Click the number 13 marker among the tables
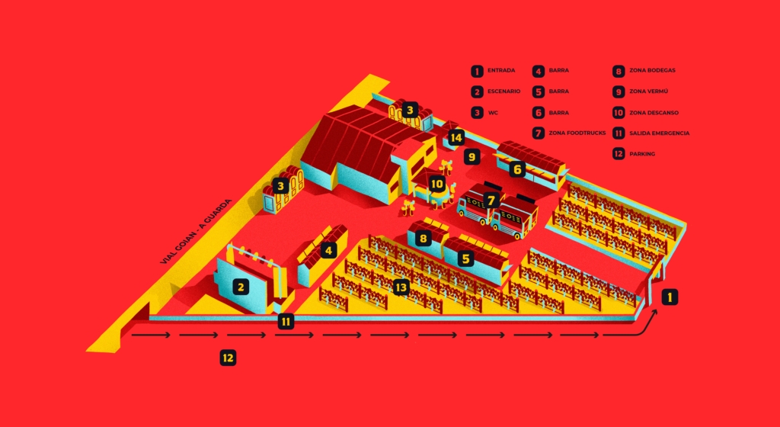[x=401, y=287]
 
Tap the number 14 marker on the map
[x=456, y=138]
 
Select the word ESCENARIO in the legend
[x=503, y=91]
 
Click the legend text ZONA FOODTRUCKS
[x=577, y=133]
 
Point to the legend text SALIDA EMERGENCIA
[x=659, y=133]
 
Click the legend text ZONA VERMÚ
[x=648, y=91]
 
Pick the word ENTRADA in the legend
[x=501, y=71]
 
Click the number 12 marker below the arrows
[x=228, y=357]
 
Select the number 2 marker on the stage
[x=241, y=287]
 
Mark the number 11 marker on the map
[x=286, y=321]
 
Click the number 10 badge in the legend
[x=619, y=112]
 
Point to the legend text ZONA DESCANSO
[x=654, y=112]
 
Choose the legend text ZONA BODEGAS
[x=652, y=71]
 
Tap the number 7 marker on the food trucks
[x=491, y=200]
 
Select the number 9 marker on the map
[x=472, y=158]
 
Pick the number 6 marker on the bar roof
[x=517, y=169]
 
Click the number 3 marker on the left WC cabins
[x=281, y=185]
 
